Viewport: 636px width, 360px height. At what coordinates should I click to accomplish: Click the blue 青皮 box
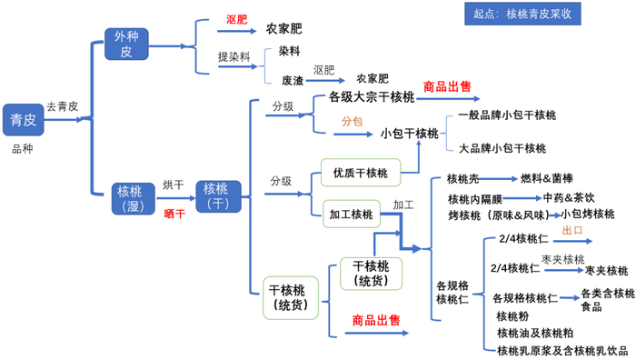coord(23,121)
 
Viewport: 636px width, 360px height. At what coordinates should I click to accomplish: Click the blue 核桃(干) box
coord(217,195)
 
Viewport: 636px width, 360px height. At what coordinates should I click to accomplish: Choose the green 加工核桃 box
coord(350,215)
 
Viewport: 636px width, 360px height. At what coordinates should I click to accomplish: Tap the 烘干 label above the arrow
coord(173,185)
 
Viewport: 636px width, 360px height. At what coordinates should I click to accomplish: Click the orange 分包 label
coord(352,120)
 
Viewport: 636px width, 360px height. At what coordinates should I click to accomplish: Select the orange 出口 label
coord(572,231)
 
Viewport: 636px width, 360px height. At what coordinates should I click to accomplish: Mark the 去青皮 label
coord(63,106)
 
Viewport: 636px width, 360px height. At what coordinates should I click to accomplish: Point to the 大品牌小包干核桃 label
coord(502,148)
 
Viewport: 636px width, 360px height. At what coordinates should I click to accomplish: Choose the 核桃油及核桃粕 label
coord(535,333)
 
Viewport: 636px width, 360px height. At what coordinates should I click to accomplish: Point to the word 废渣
coord(292,80)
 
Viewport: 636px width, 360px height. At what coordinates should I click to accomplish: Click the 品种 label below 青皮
coord(23,148)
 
